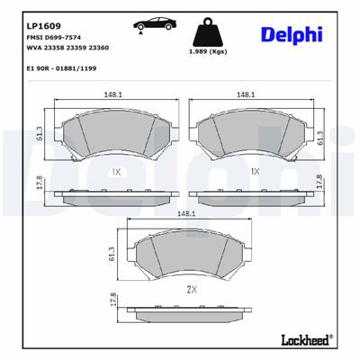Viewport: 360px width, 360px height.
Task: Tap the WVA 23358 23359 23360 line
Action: tap(67, 52)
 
